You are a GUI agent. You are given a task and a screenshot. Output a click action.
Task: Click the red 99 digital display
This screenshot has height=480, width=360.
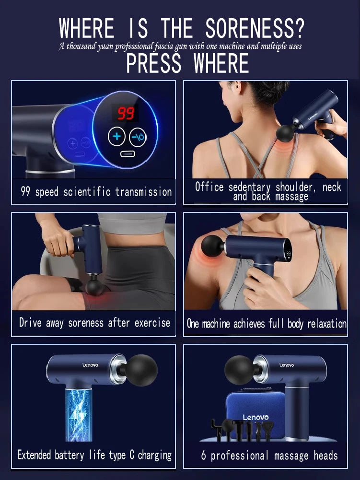(x=126, y=113)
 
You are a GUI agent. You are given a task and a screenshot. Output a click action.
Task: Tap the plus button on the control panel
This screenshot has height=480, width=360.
(x=116, y=137)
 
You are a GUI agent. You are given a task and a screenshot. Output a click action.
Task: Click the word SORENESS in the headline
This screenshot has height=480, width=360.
(x=255, y=29)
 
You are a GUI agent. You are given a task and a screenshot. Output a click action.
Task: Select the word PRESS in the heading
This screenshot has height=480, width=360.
(x=154, y=64)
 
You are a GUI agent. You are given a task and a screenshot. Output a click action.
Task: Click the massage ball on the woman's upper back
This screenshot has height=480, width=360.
(x=286, y=133)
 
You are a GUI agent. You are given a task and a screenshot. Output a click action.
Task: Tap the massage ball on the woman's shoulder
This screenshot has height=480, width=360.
(x=212, y=245)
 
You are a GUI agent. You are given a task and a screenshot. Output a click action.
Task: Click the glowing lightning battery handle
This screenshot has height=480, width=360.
(x=78, y=414)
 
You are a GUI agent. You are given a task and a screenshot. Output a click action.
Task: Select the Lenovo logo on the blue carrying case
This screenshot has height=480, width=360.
(x=255, y=417)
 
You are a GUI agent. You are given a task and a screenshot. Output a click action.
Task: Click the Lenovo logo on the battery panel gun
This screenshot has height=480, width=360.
(x=90, y=365)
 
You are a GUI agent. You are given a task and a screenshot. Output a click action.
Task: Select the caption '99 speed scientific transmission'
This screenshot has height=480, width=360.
(x=96, y=192)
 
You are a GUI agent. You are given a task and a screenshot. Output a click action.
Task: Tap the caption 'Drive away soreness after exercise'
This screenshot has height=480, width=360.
(x=94, y=323)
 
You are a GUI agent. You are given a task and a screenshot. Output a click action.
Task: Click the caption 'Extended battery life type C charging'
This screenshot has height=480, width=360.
(x=94, y=455)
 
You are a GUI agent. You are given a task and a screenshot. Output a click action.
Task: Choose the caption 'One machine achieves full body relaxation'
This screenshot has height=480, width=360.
(x=267, y=324)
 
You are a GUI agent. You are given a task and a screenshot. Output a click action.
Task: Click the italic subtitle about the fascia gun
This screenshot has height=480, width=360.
(x=180, y=47)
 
